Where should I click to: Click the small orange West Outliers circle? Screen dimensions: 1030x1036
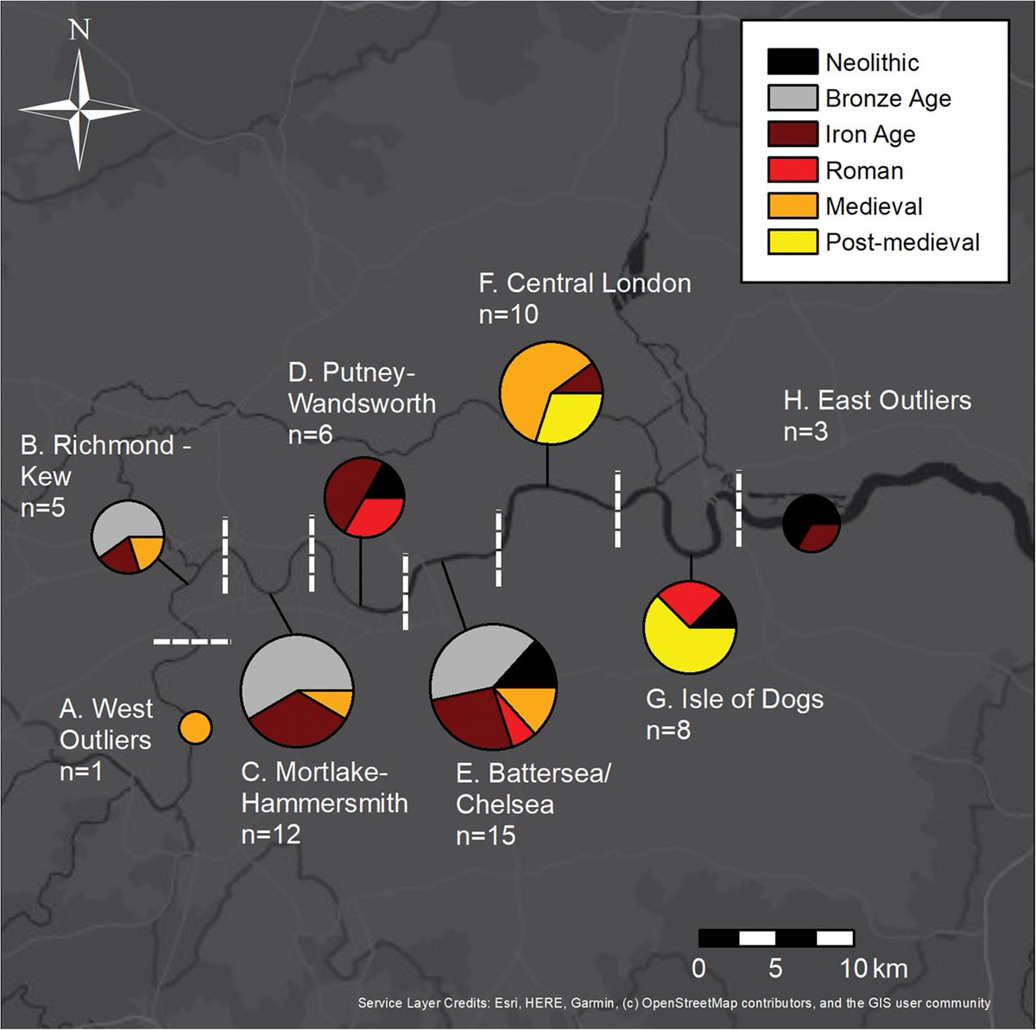click(x=194, y=726)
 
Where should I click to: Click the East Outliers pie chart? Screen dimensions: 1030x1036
click(x=812, y=524)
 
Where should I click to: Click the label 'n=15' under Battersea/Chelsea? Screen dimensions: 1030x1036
click(x=485, y=836)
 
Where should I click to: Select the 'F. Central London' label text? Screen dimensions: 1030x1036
click(x=584, y=283)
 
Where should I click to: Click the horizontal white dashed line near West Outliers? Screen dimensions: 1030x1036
click(x=193, y=641)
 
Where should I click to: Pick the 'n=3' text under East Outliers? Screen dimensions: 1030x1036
click(x=805, y=431)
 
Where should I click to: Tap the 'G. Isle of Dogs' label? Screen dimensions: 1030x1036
click(x=734, y=698)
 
